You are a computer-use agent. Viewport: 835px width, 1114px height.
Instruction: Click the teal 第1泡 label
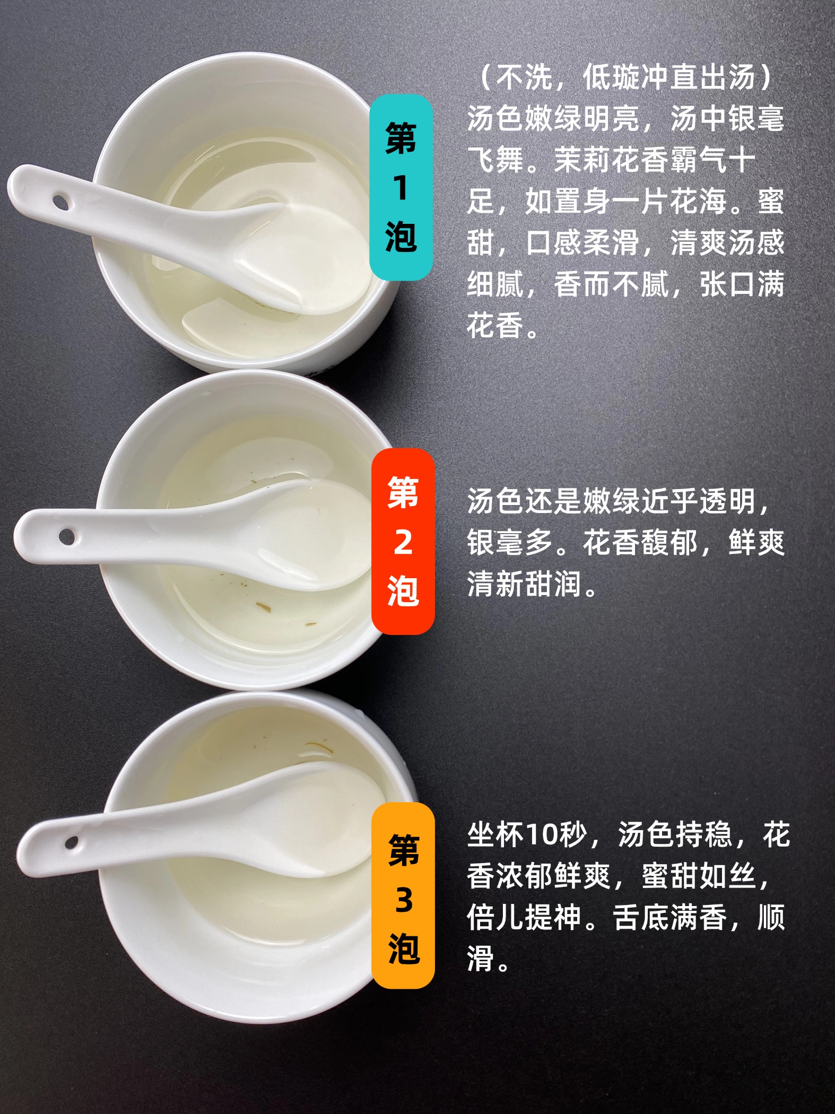point(401,187)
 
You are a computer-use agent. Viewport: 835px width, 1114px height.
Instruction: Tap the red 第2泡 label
point(403,541)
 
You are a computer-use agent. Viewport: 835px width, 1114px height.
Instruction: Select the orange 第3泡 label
point(403,896)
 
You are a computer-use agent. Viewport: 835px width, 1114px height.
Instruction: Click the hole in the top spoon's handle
point(60,202)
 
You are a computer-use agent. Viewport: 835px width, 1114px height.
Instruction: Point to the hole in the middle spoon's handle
point(66,536)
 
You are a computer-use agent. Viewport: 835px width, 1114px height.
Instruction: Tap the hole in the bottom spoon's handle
point(71,842)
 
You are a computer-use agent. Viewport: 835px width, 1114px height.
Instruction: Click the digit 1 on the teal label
point(401,188)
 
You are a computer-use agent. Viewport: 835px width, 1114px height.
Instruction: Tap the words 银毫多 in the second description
point(510,542)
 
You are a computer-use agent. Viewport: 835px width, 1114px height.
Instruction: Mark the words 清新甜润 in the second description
point(524,584)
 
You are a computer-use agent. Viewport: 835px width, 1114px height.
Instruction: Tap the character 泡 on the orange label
point(404,948)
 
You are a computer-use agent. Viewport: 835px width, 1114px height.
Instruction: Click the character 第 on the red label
point(403,492)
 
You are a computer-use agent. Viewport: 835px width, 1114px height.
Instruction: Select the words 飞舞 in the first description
point(495,160)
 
